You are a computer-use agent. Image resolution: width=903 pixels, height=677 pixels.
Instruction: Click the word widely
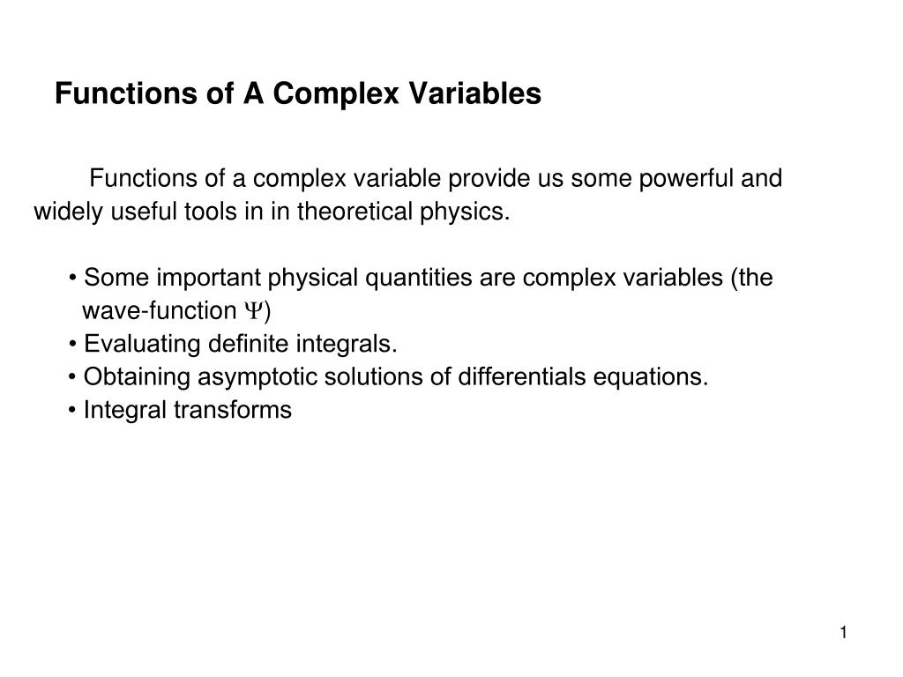click(x=68, y=212)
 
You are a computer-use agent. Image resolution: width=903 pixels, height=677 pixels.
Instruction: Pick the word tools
click(x=206, y=212)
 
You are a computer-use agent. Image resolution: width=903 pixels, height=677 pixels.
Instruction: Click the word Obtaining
click(x=137, y=377)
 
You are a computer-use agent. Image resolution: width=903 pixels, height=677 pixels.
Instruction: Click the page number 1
click(x=844, y=633)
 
